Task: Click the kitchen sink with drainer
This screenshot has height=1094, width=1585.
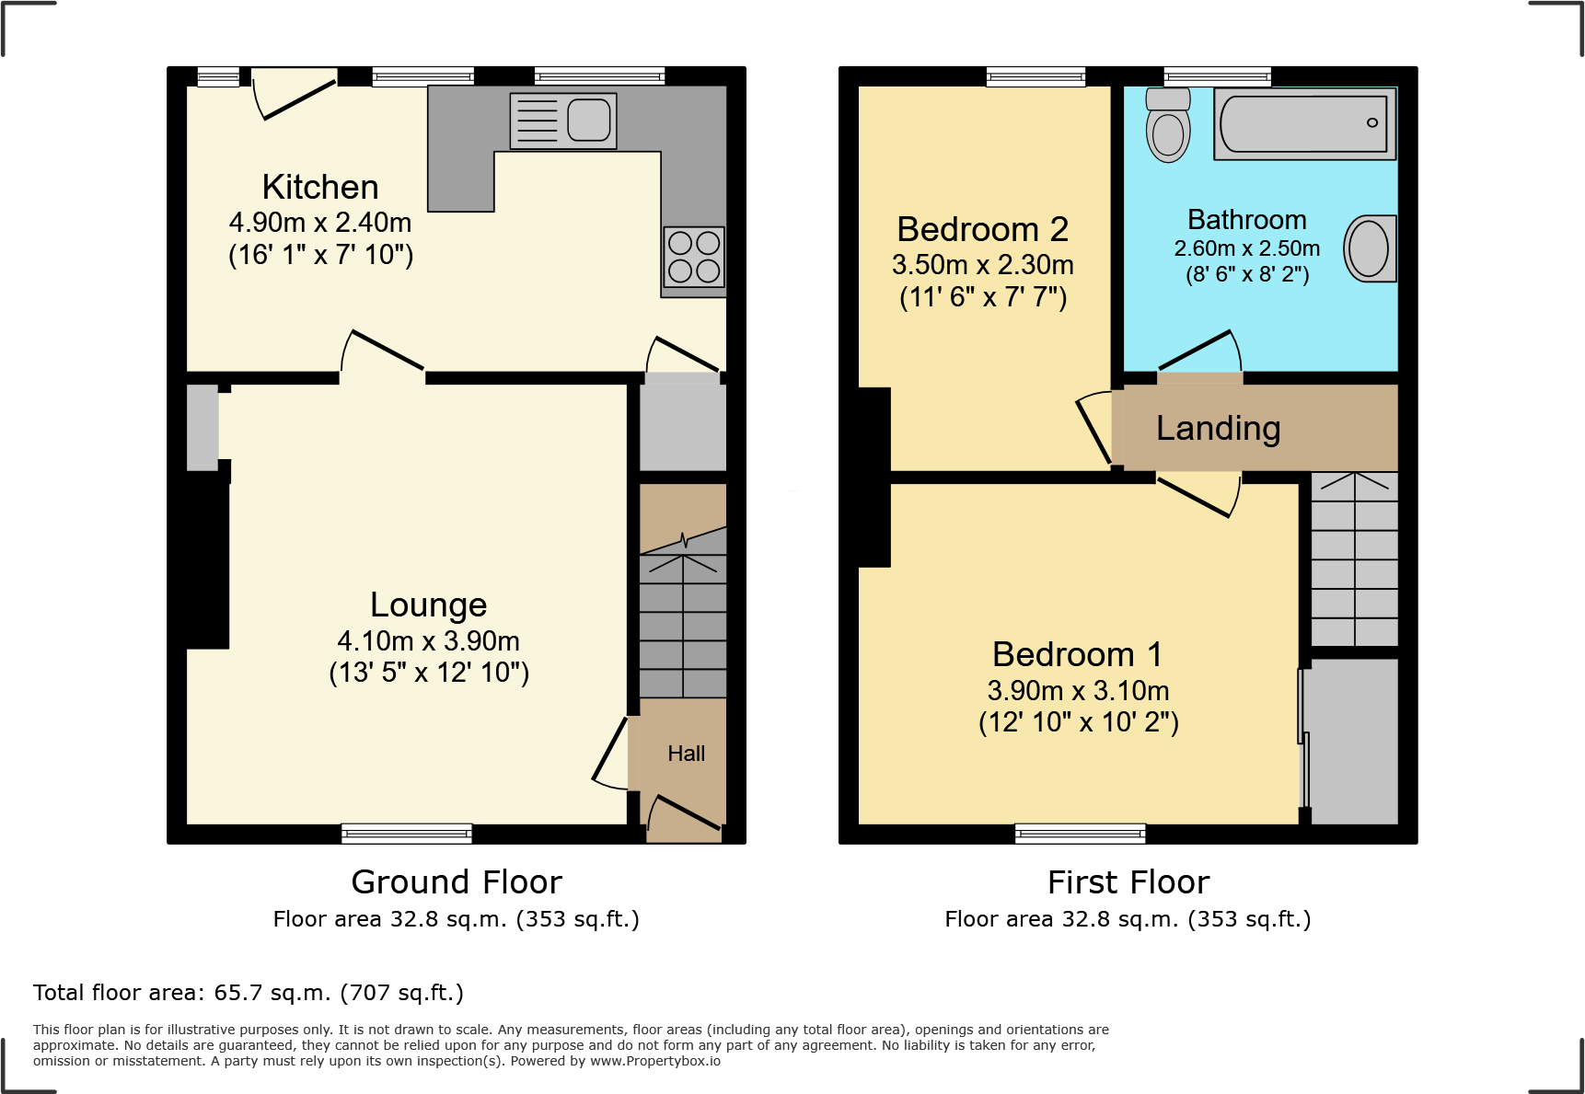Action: point(563,121)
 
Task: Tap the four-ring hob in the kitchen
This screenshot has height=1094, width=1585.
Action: point(694,257)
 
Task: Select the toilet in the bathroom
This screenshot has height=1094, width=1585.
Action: point(1168,125)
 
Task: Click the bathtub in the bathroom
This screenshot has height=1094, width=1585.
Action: point(1303,123)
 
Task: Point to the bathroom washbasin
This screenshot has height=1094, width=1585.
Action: point(1370,248)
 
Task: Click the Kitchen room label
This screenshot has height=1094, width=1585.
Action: point(320,187)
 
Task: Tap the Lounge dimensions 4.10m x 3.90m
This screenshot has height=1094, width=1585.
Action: point(428,640)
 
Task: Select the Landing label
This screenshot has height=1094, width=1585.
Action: point(1218,428)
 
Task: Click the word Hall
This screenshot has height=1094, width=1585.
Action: point(686,754)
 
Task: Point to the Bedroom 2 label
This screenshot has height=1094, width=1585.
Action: point(982,229)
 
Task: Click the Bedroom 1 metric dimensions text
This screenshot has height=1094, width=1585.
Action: point(1078,690)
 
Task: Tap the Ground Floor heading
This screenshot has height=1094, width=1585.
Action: point(457,881)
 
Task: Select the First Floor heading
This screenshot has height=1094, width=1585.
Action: point(1128,881)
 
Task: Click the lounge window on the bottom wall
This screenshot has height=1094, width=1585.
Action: point(407,834)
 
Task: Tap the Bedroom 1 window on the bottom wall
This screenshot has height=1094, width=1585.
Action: point(1081,834)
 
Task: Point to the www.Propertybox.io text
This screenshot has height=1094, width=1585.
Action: point(654,1061)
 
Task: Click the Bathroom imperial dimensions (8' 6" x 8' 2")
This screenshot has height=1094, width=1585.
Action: point(1247,274)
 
